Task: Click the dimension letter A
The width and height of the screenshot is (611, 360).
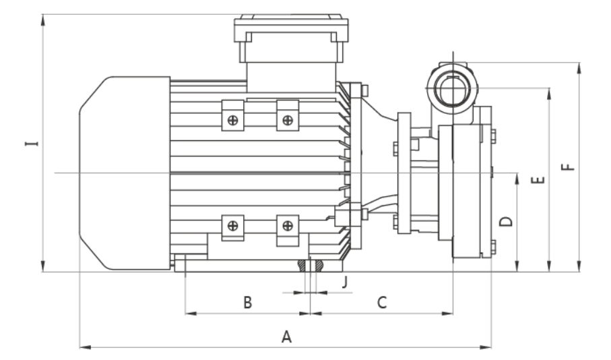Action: (286, 336)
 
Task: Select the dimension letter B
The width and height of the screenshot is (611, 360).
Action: (247, 303)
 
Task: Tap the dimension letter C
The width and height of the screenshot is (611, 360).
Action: (381, 303)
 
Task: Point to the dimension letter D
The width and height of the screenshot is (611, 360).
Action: (507, 221)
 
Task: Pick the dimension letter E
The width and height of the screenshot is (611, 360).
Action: (538, 181)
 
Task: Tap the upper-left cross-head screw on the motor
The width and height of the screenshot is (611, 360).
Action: (232, 121)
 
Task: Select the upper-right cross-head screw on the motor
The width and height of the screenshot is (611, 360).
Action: (288, 121)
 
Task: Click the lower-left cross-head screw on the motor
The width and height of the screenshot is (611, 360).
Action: (232, 226)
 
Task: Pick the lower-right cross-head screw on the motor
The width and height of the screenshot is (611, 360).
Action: (288, 226)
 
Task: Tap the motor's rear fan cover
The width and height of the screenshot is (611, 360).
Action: (125, 173)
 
